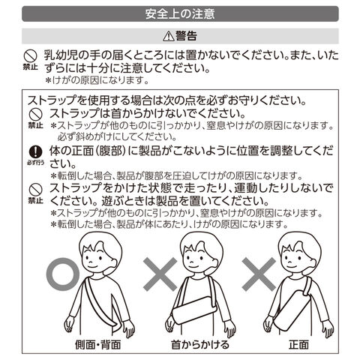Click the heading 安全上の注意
click(180, 14)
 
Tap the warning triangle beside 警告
click(169, 37)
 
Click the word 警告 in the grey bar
click(186, 36)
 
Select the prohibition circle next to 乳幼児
click(30, 55)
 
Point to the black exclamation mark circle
click(36, 151)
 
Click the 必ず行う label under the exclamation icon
click(36, 163)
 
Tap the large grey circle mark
click(63, 274)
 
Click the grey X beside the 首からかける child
click(160, 274)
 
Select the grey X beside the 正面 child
click(259, 274)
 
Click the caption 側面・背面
click(98, 344)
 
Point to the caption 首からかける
click(200, 344)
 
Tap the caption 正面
click(299, 344)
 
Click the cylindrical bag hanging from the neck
click(193, 310)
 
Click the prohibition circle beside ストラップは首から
click(36, 115)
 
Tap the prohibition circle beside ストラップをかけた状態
click(36, 190)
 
